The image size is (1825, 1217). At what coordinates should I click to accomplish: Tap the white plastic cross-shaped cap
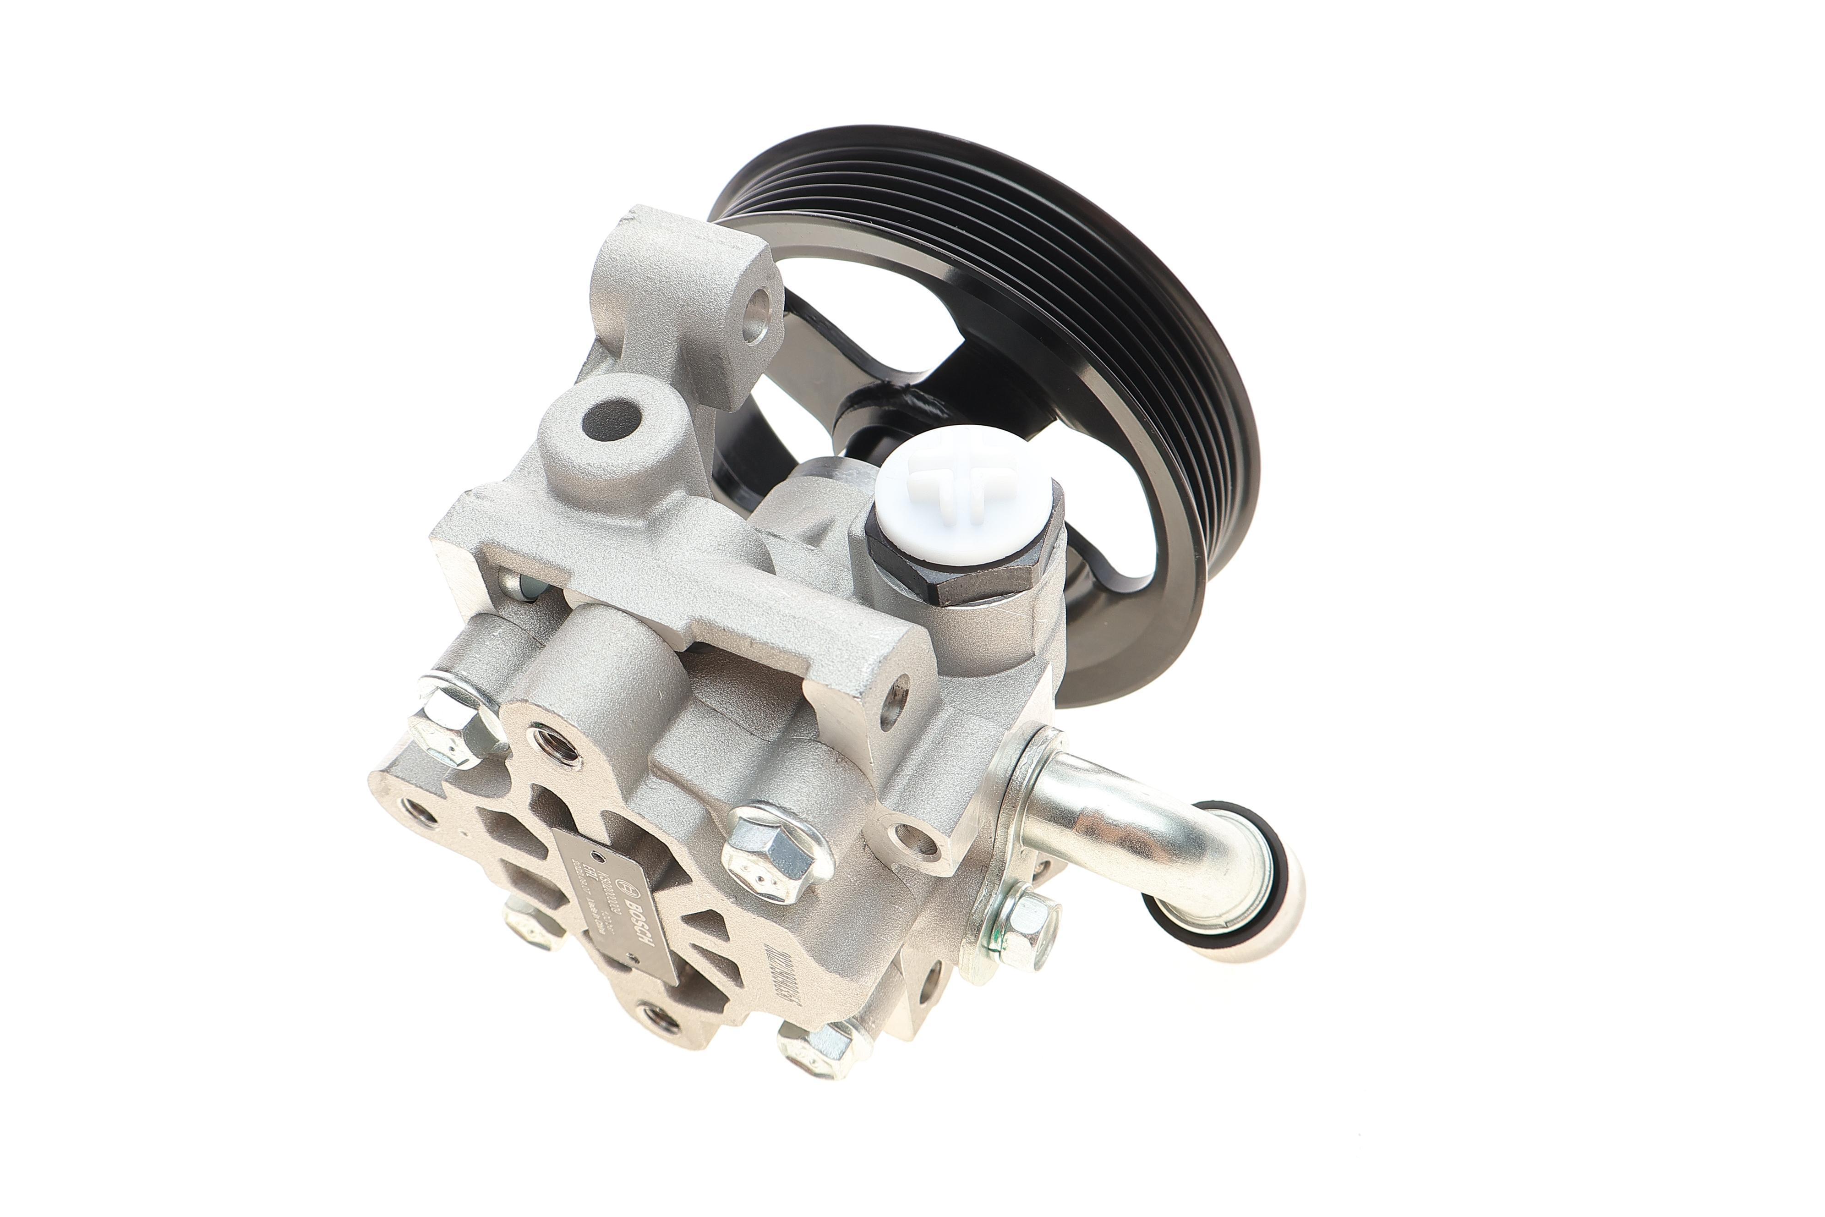pos(962,485)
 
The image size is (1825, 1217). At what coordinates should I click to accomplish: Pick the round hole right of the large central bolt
pos(908,838)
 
